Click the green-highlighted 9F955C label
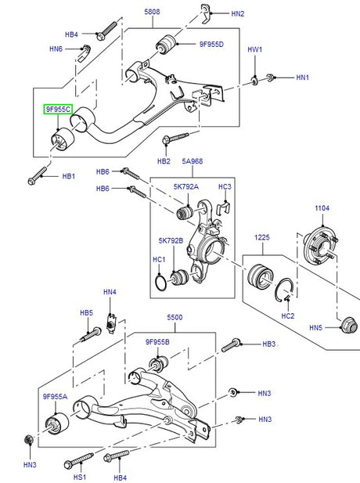58,110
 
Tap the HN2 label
237,14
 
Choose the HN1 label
303,77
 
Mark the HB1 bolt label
68,176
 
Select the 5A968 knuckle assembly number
193,162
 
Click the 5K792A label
186,187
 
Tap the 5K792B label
171,240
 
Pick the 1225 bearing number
261,236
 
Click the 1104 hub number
322,208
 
